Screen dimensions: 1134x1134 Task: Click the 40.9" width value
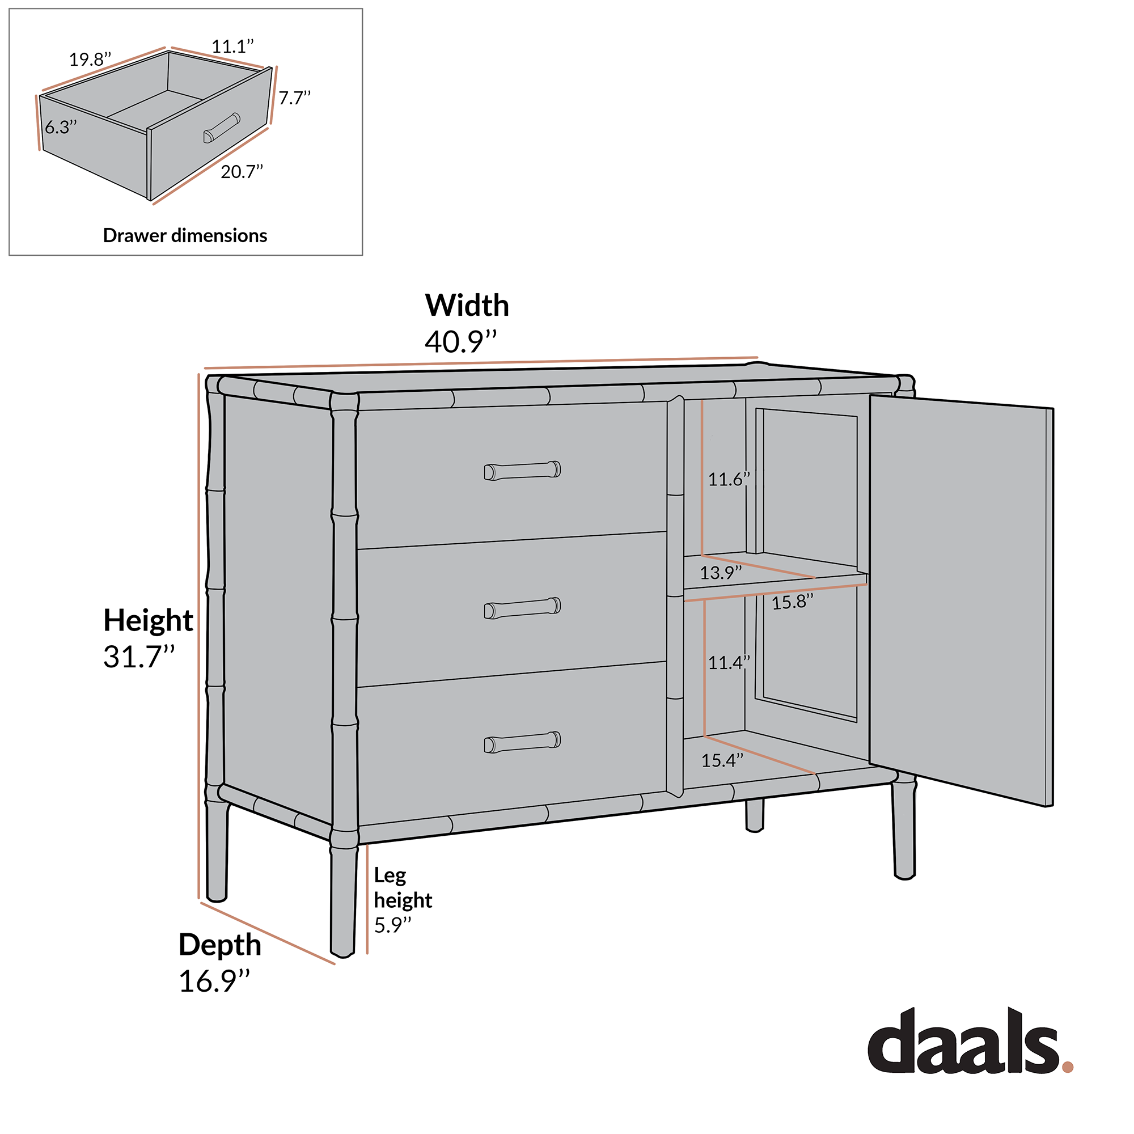pos(461,341)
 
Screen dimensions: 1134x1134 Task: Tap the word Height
pos(148,620)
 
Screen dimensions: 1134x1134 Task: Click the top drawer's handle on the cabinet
pos(522,470)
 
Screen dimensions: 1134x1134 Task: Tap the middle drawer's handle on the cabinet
pos(522,607)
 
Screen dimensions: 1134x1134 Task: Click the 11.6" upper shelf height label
pos(729,480)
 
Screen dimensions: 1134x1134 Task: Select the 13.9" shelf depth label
pos(720,572)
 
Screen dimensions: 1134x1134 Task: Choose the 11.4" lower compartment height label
pos(729,663)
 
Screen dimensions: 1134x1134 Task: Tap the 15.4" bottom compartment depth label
pos(722,761)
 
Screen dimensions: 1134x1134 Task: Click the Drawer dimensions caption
pos(185,235)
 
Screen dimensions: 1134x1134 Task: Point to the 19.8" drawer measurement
pos(90,60)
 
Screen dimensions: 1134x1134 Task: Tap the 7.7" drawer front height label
pos(294,98)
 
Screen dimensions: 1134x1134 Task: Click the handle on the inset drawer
pos(221,128)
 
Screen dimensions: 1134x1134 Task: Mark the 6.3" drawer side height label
pos(61,127)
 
